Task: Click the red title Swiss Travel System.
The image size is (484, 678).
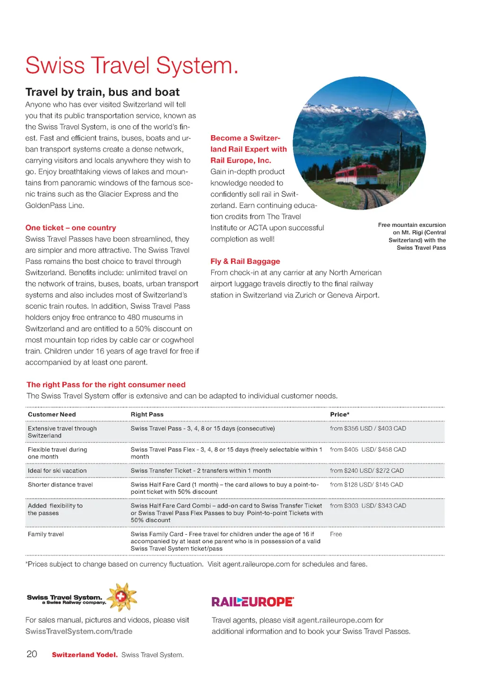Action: click(x=132, y=66)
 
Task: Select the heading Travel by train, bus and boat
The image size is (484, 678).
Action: click(x=103, y=92)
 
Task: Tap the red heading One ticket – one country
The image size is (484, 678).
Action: click(x=70, y=228)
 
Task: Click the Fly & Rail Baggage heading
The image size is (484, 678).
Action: click(x=245, y=261)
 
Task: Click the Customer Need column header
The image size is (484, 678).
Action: click(x=52, y=415)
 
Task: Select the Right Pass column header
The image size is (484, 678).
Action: click(x=147, y=415)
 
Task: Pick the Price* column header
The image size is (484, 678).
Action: click(x=339, y=415)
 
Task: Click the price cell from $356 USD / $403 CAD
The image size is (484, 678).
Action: click(x=368, y=428)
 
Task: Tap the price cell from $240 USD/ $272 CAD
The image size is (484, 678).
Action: click(x=367, y=471)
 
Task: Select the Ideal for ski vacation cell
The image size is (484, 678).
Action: click(x=57, y=471)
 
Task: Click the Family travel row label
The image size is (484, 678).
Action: click(x=46, y=534)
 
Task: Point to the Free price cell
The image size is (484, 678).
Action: click(x=336, y=534)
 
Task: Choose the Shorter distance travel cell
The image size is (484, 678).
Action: click(x=60, y=485)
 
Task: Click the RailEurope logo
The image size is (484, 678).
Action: click(x=252, y=602)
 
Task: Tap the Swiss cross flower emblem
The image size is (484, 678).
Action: click(x=122, y=597)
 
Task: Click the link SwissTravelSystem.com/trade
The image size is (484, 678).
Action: click(x=79, y=632)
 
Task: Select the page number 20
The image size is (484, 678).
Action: click(x=32, y=654)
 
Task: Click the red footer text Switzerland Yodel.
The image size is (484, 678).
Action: click(x=85, y=655)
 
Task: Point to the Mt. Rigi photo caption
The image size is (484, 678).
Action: click(x=412, y=236)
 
